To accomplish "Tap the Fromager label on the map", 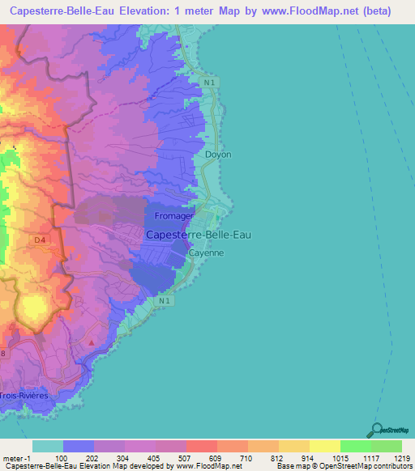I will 173,217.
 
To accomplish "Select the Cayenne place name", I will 206,252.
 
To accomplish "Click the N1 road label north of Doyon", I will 210,83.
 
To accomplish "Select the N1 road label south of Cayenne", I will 166,301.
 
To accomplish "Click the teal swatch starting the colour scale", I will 48,446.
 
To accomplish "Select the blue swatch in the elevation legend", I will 79,446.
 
